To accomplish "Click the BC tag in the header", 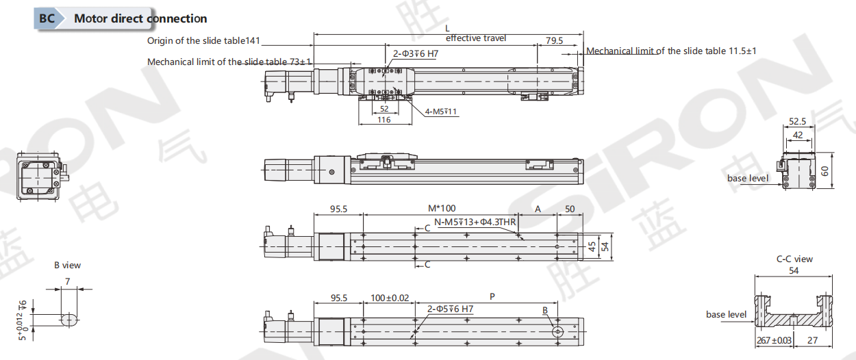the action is [47, 18].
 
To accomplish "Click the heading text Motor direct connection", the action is [140, 18].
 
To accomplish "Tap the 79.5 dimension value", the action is [554, 40].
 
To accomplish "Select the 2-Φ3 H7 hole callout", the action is [416, 54].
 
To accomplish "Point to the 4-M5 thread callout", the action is [441, 112].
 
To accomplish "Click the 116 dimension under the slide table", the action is [384, 120].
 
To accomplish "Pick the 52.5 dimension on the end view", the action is [798, 121].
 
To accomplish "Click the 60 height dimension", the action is [824, 170].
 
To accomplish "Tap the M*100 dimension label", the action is [442, 209].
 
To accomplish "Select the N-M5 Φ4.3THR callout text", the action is [475, 222].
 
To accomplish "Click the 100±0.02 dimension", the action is [390, 298].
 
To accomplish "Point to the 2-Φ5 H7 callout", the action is [450, 309].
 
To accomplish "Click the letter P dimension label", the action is [492, 296].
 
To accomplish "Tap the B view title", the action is [67, 266].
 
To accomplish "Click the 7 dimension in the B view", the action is [68, 281].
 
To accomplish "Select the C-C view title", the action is [794, 259].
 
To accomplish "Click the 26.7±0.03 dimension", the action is [774, 340].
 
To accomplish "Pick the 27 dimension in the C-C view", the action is [812, 340].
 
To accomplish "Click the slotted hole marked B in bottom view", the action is [557, 332].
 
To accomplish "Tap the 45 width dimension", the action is [592, 246].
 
